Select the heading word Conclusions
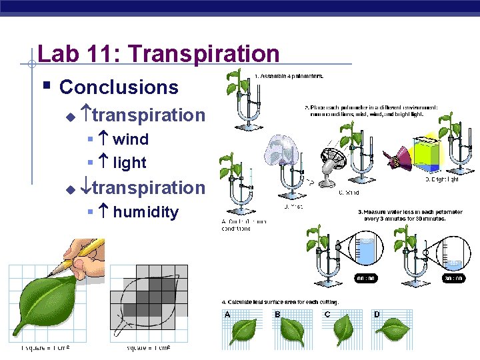(119, 87)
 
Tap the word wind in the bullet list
(130, 139)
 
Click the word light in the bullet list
(129, 162)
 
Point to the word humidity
(145, 212)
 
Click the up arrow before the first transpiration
(86, 115)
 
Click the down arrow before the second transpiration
(86, 188)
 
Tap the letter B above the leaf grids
(277, 314)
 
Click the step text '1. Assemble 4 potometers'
(289, 76)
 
